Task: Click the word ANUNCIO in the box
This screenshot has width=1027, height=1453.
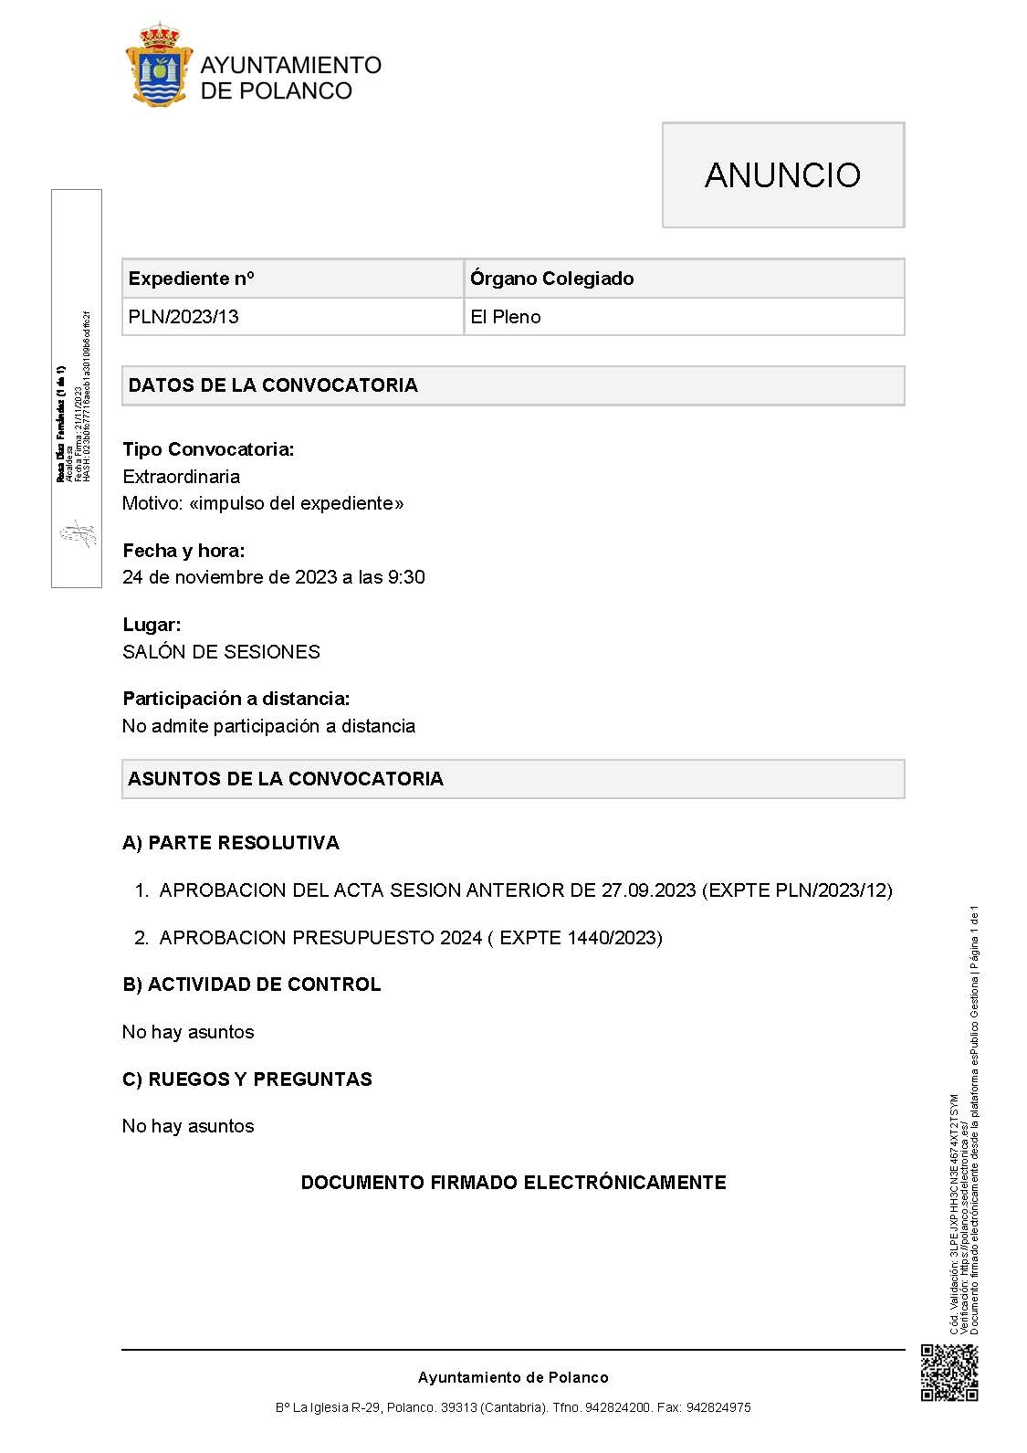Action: click(782, 175)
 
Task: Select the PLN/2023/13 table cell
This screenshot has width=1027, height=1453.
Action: click(183, 317)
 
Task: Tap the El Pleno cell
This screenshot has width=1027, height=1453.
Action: click(506, 317)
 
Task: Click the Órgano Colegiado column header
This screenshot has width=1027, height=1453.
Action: click(551, 279)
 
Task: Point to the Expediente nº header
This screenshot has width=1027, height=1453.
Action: click(192, 279)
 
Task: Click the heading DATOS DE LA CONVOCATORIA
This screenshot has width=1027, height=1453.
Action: click(273, 385)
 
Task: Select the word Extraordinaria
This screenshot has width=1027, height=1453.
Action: click(182, 477)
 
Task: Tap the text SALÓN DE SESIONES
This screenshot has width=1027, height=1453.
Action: click(222, 652)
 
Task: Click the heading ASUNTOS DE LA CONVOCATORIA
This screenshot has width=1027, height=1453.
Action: click(286, 779)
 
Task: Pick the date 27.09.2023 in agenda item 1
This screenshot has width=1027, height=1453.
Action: click(648, 890)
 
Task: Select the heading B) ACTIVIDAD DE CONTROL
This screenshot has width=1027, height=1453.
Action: click(252, 984)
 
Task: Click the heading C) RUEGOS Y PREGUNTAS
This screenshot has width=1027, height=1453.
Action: click(247, 1079)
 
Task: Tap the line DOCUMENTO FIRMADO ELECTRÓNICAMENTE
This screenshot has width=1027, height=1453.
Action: click(513, 1183)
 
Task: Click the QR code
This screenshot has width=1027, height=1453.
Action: click(949, 1373)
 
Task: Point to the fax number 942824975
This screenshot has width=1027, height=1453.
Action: click(718, 1408)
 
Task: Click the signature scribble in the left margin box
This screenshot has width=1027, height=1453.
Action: click(78, 533)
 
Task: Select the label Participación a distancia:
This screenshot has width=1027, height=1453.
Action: click(236, 699)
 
